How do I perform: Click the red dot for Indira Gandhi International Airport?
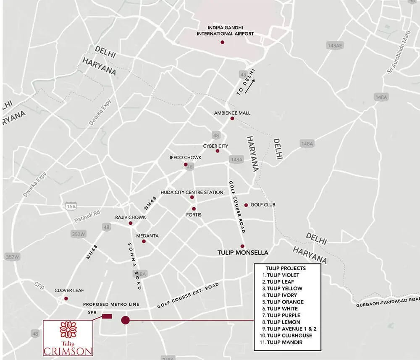tap(222, 42)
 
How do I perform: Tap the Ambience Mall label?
tap(232, 113)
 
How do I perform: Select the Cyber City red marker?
tap(217, 151)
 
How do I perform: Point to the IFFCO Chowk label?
tap(186, 157)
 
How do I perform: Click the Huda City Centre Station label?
tap(192, 192)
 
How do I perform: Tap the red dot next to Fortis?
tap(194, 209)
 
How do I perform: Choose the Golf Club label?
tap(263, 205)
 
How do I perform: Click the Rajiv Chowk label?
tap(131, 217)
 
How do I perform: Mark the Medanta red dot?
tap(144, 241)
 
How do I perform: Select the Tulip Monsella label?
tap(243, 253)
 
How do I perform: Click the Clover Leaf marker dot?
tap(66, 299)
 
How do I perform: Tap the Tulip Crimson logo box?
tap(68, 338)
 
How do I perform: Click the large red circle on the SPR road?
tap(125, 320)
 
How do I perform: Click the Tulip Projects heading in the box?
tap(286, 268)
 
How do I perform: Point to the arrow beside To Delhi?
tap(250, 87)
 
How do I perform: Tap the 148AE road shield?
tap(335, 45)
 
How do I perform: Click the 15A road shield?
tap(71, 206)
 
